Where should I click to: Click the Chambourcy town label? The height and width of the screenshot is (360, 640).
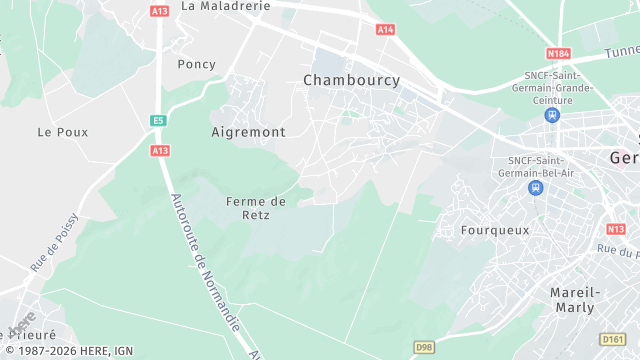[x=351, y=80]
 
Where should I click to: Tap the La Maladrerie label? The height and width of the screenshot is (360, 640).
[x=226, y=6]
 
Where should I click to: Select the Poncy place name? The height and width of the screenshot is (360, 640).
[x=196, y=64]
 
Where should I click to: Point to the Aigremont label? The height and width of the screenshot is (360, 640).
[x=249, y=132]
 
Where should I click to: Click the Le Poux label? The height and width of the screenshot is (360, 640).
[x=63, y=132]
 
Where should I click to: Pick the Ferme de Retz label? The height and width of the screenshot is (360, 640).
[x=256, y=207]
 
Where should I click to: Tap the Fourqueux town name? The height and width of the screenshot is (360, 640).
[x=494, y=230]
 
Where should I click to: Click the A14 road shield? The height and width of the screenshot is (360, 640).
[x=385, y=30]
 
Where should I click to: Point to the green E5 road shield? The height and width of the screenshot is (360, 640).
[x=158, y=121]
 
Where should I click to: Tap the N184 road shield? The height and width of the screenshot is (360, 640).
[x=558, y=53]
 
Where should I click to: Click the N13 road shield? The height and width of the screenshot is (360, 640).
[x=616, y=229]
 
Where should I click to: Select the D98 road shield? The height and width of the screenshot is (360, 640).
[x=425, y=347]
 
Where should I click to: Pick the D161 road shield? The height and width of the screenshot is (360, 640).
[x=613, y=339]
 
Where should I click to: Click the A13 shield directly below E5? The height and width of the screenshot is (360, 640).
[x=160, y=150]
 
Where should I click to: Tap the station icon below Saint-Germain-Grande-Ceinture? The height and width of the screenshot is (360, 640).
[x=551, y=114]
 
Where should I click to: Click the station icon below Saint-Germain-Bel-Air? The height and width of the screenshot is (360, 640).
[x=537, y=187]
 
